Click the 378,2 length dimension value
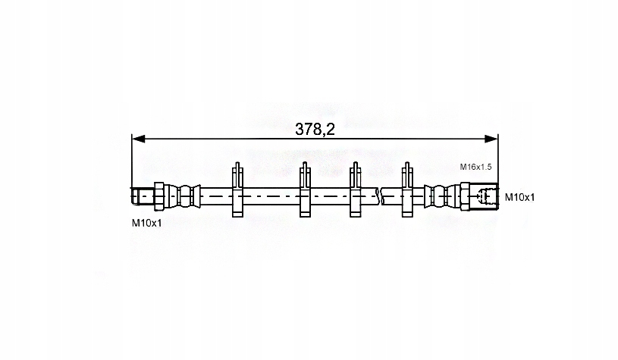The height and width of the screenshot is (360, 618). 315,129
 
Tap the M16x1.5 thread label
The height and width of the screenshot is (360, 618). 475,167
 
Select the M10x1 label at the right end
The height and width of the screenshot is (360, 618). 520,197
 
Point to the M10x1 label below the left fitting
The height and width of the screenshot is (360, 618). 146,223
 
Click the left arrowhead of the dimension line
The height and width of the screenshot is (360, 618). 138,139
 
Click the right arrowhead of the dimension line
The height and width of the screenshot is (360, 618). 491,139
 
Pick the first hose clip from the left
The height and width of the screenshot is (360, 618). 237,189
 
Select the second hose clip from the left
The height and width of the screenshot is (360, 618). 305,189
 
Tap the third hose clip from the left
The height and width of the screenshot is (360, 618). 356,189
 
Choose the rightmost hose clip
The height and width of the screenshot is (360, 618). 407,189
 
